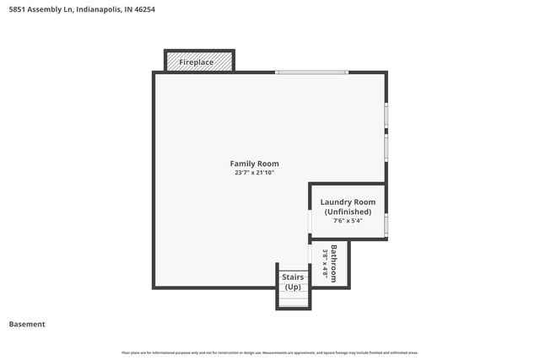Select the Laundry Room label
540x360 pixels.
point(348,202)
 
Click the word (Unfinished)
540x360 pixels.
point(348,212)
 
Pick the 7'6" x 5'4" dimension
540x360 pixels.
point(348,221)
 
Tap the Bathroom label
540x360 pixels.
point(335,263)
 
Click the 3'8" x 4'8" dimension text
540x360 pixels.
point(326,263)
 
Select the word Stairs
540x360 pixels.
point(293,277)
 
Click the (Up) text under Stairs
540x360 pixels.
point(293,287)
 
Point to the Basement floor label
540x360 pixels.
point(27,324)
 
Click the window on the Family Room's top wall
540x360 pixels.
point(311,73)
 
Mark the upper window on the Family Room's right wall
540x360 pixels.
point(386,115)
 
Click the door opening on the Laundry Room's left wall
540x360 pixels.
point(310,221)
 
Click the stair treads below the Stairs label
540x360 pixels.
point(293,301)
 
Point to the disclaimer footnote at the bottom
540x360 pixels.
point(269,352)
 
